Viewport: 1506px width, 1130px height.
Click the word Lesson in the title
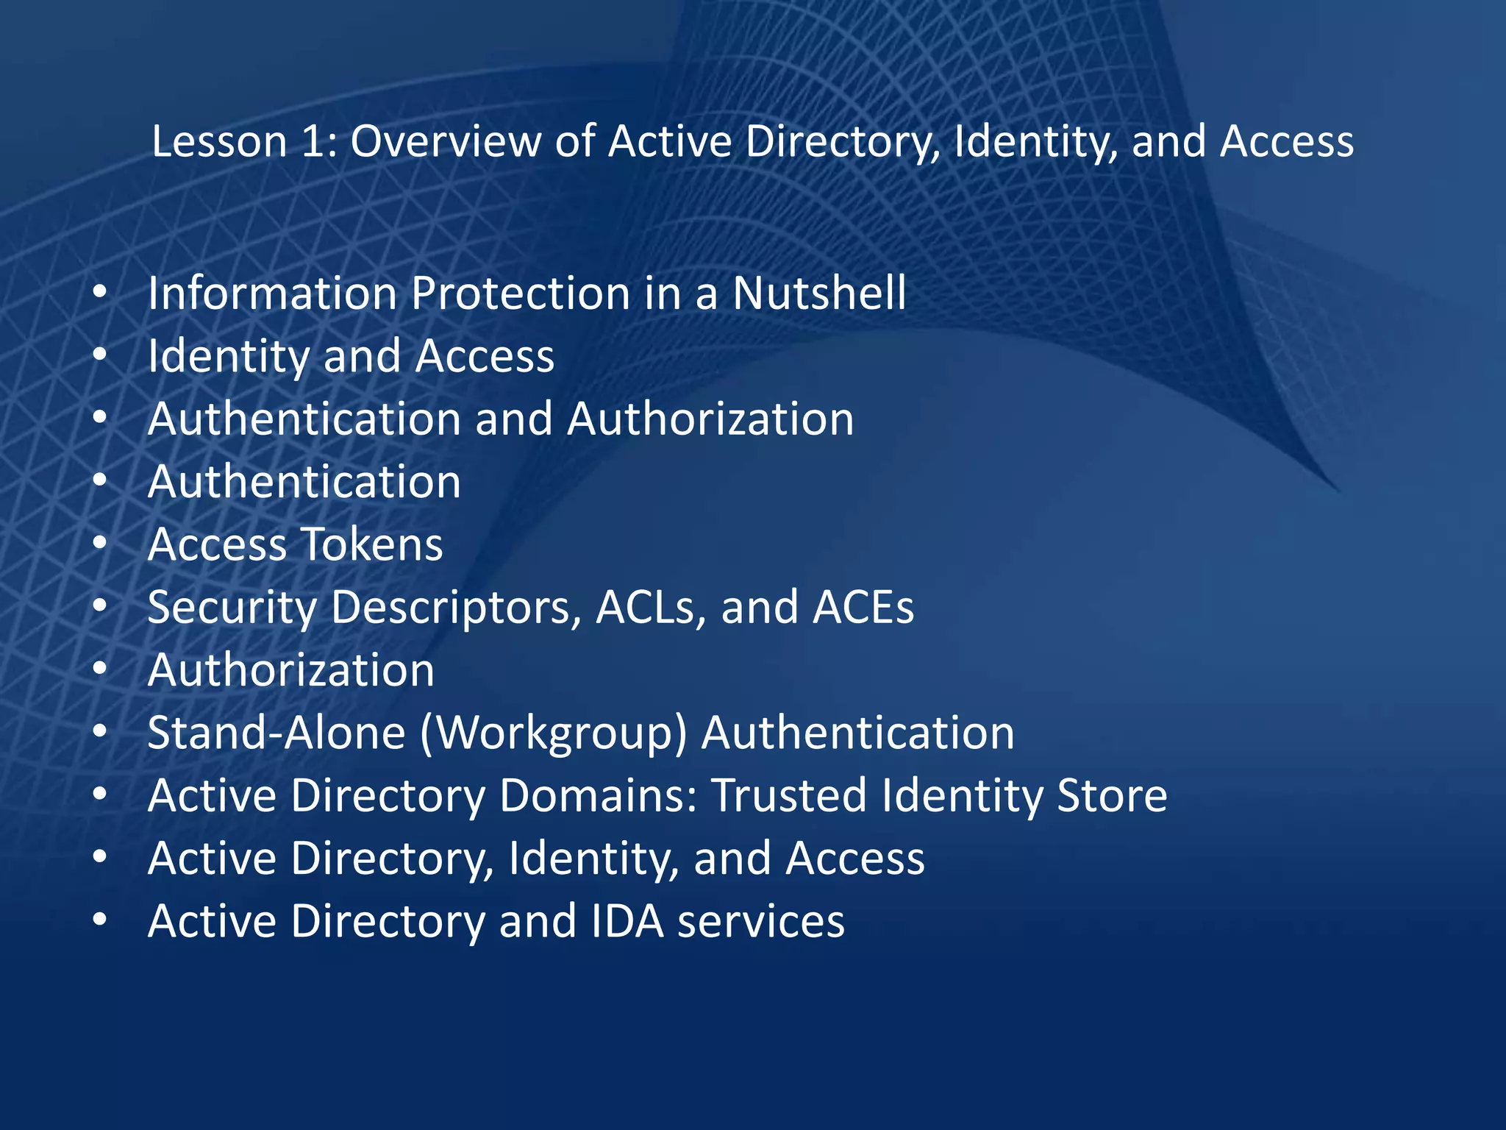(218, 141)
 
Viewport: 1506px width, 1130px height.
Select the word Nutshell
(818, 294)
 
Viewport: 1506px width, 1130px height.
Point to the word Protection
(519, 294)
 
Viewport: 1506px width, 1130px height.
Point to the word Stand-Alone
(276, 733)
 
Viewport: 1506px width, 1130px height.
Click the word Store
(1111, 796)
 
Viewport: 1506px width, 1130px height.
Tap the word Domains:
(599, 796)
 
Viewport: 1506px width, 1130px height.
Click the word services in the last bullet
(761, 922)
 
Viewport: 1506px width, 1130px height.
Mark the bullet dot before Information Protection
(101, 294)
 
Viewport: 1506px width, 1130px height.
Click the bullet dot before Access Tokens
(101, 545)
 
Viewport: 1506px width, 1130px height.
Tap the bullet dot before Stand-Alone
(101, 733)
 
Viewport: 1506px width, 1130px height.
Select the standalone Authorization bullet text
(291, 671)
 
